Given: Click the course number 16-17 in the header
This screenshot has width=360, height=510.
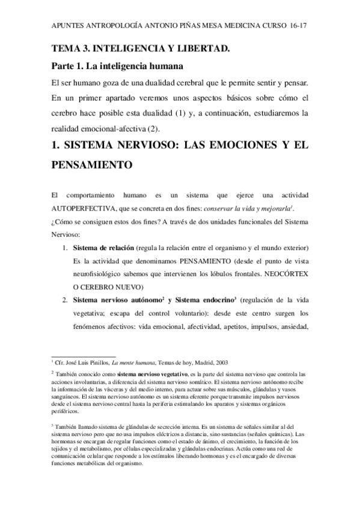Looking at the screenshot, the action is [x=299, y=28].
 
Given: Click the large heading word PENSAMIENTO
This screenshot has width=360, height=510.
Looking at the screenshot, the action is [x=94, y=164].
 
